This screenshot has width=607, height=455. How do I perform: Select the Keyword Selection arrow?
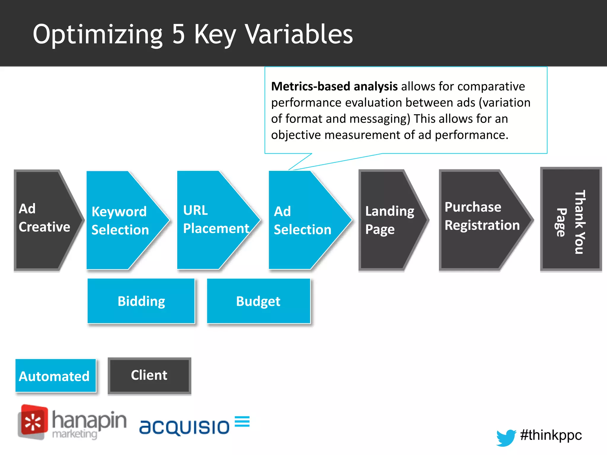coord(122,220)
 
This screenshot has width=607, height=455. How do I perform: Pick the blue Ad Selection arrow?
coord(304,220)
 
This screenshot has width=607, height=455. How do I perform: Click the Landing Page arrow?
coord(388,220)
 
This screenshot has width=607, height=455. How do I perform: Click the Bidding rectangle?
coord(141,301)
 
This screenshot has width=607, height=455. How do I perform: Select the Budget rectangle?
coord(258,301)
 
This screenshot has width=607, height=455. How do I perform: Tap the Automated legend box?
coord(55,376)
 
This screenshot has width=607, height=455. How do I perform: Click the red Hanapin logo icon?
coord(33,422)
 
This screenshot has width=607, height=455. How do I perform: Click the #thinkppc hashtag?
coord(551,435)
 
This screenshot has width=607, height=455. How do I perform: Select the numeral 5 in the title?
coord(178,34)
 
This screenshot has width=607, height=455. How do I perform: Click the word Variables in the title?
coord(299,34)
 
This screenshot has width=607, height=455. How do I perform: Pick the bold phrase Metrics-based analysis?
coord(334,86)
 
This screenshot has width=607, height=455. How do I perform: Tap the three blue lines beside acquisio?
coord(242,421)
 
